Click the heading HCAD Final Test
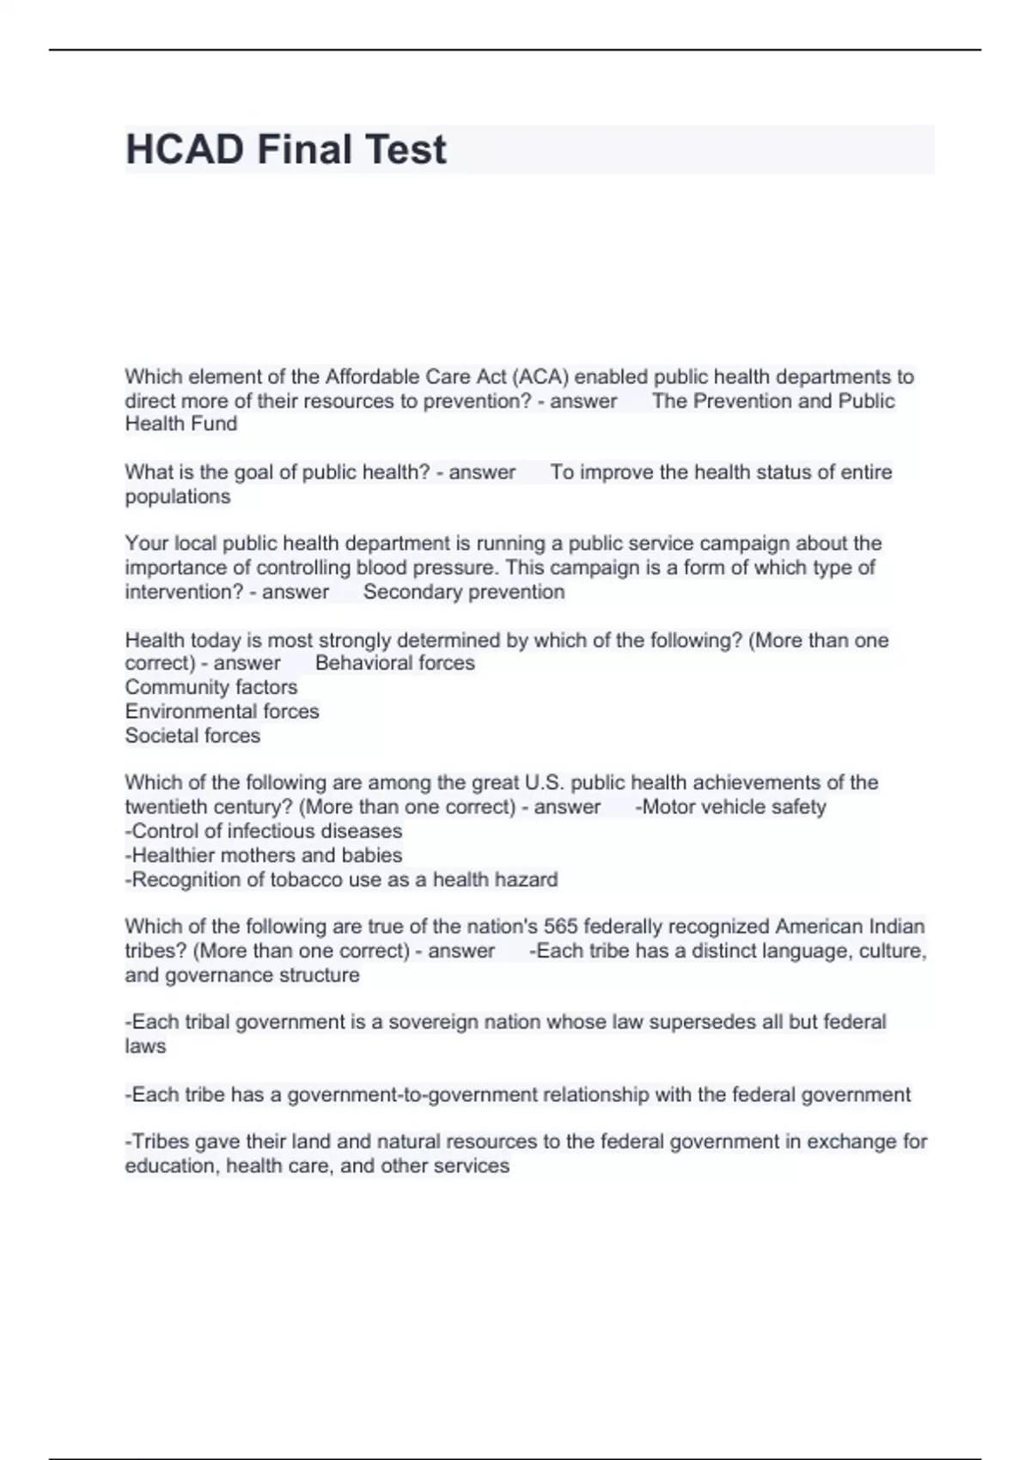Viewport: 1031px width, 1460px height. click(x=285, y=149)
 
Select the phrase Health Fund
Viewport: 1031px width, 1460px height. click(x=180, y=423)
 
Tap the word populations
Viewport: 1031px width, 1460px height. click(x=178, y=496)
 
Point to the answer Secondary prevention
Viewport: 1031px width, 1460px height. click(x=464, y=592)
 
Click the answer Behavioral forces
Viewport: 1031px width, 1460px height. click(x=394, y=663)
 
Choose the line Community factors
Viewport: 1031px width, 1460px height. click(x=211, y=687)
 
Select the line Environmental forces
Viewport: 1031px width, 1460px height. click(x=222, y=711)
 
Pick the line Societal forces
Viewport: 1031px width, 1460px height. click(x=192, y=735)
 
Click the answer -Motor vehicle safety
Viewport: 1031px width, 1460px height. click(x=730, y=806)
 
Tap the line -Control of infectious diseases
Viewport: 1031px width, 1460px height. click(x=263, y=830)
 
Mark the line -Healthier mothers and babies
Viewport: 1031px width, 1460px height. click(x=263, y=855)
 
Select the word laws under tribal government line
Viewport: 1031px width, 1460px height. click(x=145, y=1046)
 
